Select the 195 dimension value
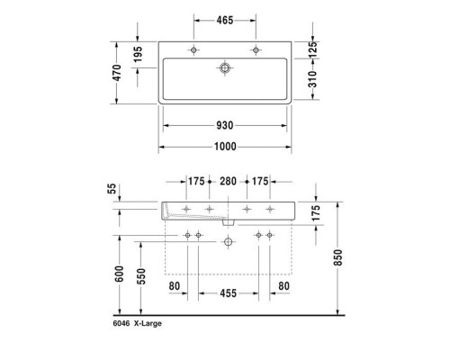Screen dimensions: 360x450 click(x=138, y=56)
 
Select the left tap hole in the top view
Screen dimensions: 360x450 click(x=193, y=49)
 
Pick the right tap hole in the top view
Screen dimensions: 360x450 click(x=256, y=49)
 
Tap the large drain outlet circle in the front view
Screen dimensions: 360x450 click(x=229, y=240)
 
